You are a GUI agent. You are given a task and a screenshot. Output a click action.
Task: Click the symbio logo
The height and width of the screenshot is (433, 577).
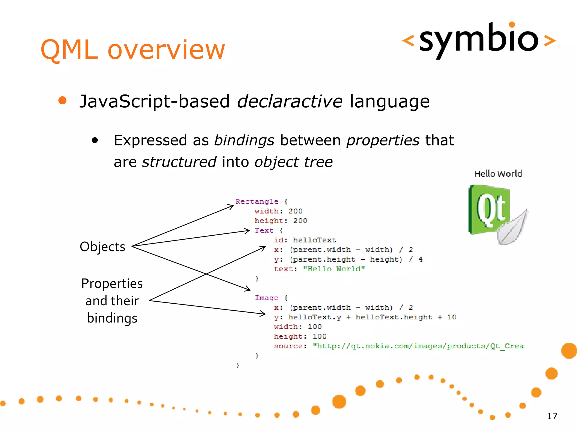click(x=479, y=39)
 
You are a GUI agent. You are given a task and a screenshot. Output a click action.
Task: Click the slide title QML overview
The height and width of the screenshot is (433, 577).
click(x=133, y=50)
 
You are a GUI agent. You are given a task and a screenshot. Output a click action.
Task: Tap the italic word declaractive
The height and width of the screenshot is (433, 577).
click(x=290, y=101)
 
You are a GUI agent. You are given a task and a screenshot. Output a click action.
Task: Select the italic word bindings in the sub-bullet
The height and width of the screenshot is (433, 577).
click(x=244, y=140)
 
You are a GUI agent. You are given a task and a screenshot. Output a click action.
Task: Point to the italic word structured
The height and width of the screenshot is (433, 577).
click(x=179, y=162)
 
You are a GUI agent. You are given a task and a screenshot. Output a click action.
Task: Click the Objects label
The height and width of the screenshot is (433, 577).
click(x=102, y=247)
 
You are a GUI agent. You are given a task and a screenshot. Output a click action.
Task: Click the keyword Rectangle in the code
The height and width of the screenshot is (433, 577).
click(x=257, y=202)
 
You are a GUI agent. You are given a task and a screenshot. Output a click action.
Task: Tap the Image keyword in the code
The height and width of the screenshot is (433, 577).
click(x=266, y=298)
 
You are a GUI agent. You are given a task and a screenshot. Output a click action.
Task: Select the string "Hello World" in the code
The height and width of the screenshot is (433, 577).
click(x=334, y=269)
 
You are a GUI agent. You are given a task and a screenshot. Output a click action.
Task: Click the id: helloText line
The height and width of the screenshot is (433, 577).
click(x=305, y=240)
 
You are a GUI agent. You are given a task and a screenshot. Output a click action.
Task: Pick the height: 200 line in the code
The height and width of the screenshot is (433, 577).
click(x=281, y=221)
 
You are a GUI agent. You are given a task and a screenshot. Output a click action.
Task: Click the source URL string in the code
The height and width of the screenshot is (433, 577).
click(x=418, y=346)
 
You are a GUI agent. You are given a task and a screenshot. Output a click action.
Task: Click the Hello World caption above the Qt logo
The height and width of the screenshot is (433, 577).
click(x=498, y=174)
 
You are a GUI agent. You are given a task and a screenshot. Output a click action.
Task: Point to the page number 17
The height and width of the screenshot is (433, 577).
click(x=552, y=416)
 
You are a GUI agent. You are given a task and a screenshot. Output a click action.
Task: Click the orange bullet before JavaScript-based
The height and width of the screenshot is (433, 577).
click(x=62, y=100)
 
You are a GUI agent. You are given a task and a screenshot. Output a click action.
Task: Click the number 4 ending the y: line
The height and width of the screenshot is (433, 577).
click(x=420, y=259)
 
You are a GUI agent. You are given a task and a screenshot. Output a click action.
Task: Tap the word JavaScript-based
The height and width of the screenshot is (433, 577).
click(x=154, y=101)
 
